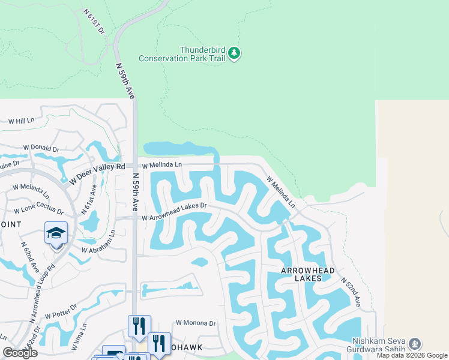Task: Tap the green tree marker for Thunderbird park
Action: tap(234, 54)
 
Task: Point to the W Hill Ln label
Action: tap(21, 121)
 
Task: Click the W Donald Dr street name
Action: tap(41, 148)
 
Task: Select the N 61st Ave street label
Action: tap(91, 198)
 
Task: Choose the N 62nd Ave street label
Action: tap(29, 257)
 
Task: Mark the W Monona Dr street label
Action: tap(195, 323)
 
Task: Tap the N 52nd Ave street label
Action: tap(350, 292)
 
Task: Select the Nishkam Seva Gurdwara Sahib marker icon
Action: tap(414, 344)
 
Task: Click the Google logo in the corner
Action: tap(20, 352)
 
